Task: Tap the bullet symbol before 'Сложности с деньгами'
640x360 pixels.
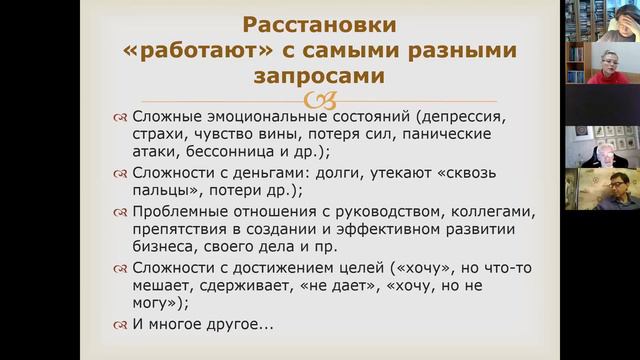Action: tap(120, 176)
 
